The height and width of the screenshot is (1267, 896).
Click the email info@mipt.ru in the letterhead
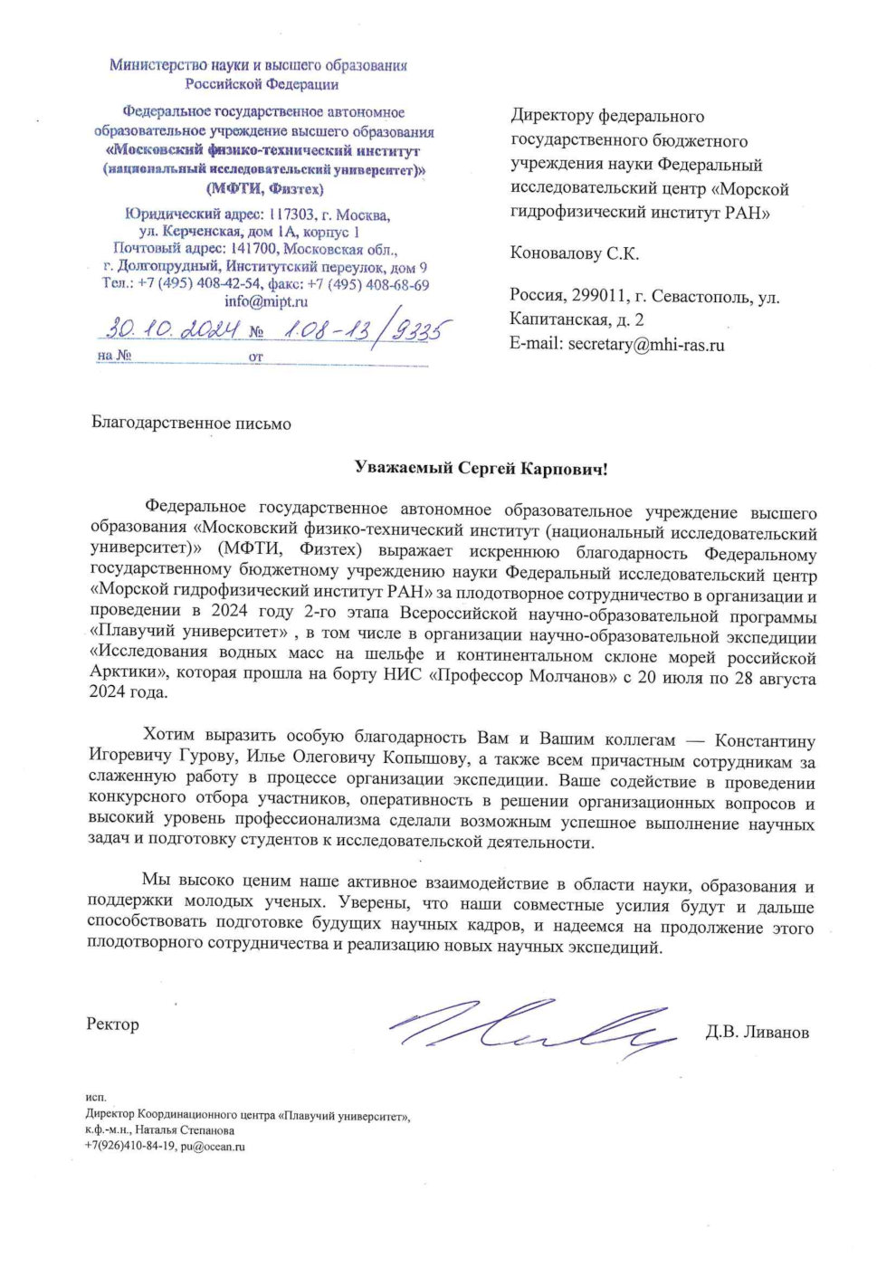coord(266,301)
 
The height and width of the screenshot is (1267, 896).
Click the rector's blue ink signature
coord(534,1027)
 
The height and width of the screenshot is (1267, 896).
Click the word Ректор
coord(113,1024)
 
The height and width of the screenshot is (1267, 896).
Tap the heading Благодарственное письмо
coord(191,424)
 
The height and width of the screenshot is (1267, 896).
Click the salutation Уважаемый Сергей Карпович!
coord(481,468)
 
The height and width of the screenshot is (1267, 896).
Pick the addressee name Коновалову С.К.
coord(575,253)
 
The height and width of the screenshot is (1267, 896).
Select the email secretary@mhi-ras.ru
coord(646,344)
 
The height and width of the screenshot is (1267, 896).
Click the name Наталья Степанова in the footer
coord(185,1130)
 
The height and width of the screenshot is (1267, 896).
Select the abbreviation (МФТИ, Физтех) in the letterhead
coord(265,189)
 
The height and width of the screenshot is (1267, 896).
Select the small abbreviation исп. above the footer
coord(96,1097)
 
